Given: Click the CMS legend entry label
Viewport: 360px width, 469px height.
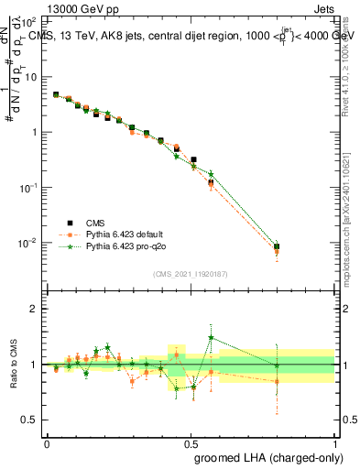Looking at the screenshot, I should pyautogui.click(x=95, y=222).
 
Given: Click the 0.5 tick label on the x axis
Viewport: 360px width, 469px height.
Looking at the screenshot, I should pyautogui.click(x=191, y=442).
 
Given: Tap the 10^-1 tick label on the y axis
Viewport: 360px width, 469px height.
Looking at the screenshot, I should pyautogui.click(x=31, y=187).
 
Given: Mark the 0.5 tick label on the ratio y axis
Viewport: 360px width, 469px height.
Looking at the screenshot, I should pyautogui.click(x=33, y=420).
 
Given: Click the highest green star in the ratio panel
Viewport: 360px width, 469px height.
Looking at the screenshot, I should pyautogui.click(x=212, y=337).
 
